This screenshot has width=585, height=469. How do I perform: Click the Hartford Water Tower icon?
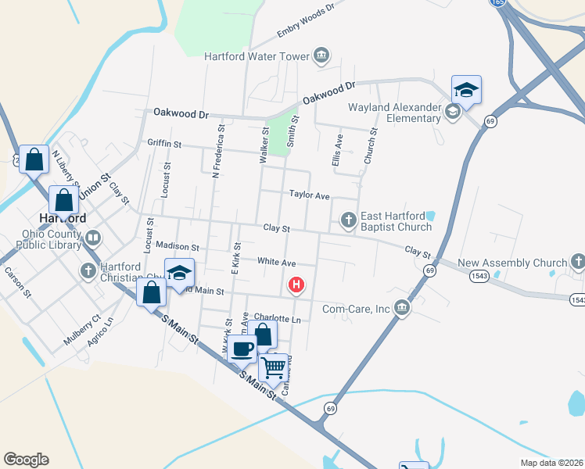click(x=321, y=55)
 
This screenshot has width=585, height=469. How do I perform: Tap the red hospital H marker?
click(x=296, y=285)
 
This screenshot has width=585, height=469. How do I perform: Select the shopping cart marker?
click(x=275, y=365)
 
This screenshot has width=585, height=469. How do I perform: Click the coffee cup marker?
click(x=242, y=348)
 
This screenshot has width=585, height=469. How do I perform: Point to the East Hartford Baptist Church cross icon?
click(x=349, y=221)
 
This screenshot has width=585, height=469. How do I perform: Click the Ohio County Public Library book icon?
click(x=93, y=237)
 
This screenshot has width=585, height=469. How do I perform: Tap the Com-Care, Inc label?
click(x=356, y=309)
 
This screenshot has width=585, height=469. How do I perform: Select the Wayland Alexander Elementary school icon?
click(x=451, y=113)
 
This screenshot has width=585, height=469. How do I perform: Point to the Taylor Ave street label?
click(x=310, y=195)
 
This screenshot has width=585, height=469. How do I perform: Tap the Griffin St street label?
click(x=164, y=145)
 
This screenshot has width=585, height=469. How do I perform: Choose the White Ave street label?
click(x=277, y=263)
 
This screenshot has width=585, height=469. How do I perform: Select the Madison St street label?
click(x=178, y=246)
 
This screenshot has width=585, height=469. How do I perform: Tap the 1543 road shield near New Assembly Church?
click(x=480, y=277)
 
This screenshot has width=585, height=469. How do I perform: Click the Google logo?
click(x=26, y=460)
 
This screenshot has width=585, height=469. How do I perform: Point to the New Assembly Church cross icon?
click(x=577, y=261)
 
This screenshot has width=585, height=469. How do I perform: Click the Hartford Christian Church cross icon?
click(x=88, y=270)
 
